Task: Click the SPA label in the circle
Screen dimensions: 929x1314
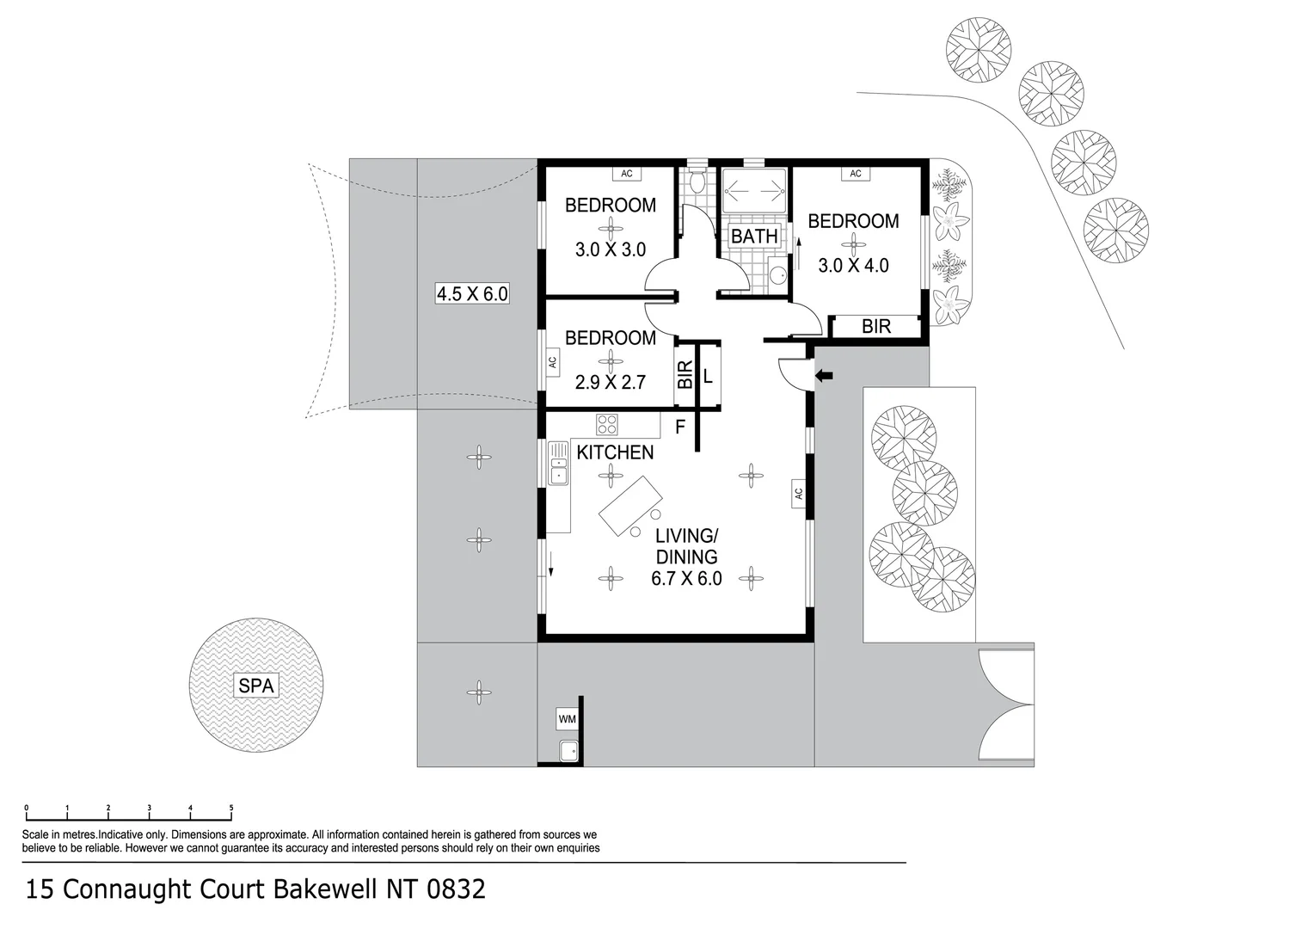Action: tap(256, 686)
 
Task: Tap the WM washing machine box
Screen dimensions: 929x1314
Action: tap(568, 718)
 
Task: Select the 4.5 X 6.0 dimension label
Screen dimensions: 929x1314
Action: tap(472, 293)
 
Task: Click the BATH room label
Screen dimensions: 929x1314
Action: tap(754, 236)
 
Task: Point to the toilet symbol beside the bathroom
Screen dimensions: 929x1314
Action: tap(697, 182)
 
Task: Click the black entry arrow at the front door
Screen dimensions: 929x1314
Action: tap(824, 375)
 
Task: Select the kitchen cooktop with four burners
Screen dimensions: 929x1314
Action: tap(607, 424)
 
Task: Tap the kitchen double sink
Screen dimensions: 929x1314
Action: tap(558, 464)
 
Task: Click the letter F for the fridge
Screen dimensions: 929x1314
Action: tap(680, 426)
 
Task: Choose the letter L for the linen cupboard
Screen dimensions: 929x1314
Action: tap(708, 376)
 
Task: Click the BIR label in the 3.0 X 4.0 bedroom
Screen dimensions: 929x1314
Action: tap(876, 327)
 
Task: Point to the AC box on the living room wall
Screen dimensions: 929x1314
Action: tap(798, 494)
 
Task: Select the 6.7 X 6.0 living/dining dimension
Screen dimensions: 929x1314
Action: tap(686, 579)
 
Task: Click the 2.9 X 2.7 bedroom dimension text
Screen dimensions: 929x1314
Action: tap(610, 382)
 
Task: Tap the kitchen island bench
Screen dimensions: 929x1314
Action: tap(630, 506)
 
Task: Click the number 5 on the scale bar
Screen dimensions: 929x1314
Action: tap(231, 808)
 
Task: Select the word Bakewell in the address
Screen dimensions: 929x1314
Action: tap(325, 889)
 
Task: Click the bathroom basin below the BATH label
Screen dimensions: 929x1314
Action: tap(777, 275)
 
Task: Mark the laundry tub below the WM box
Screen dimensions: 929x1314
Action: tap(568, 751)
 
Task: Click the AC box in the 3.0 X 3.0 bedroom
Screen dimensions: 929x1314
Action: tap(627, 174)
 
